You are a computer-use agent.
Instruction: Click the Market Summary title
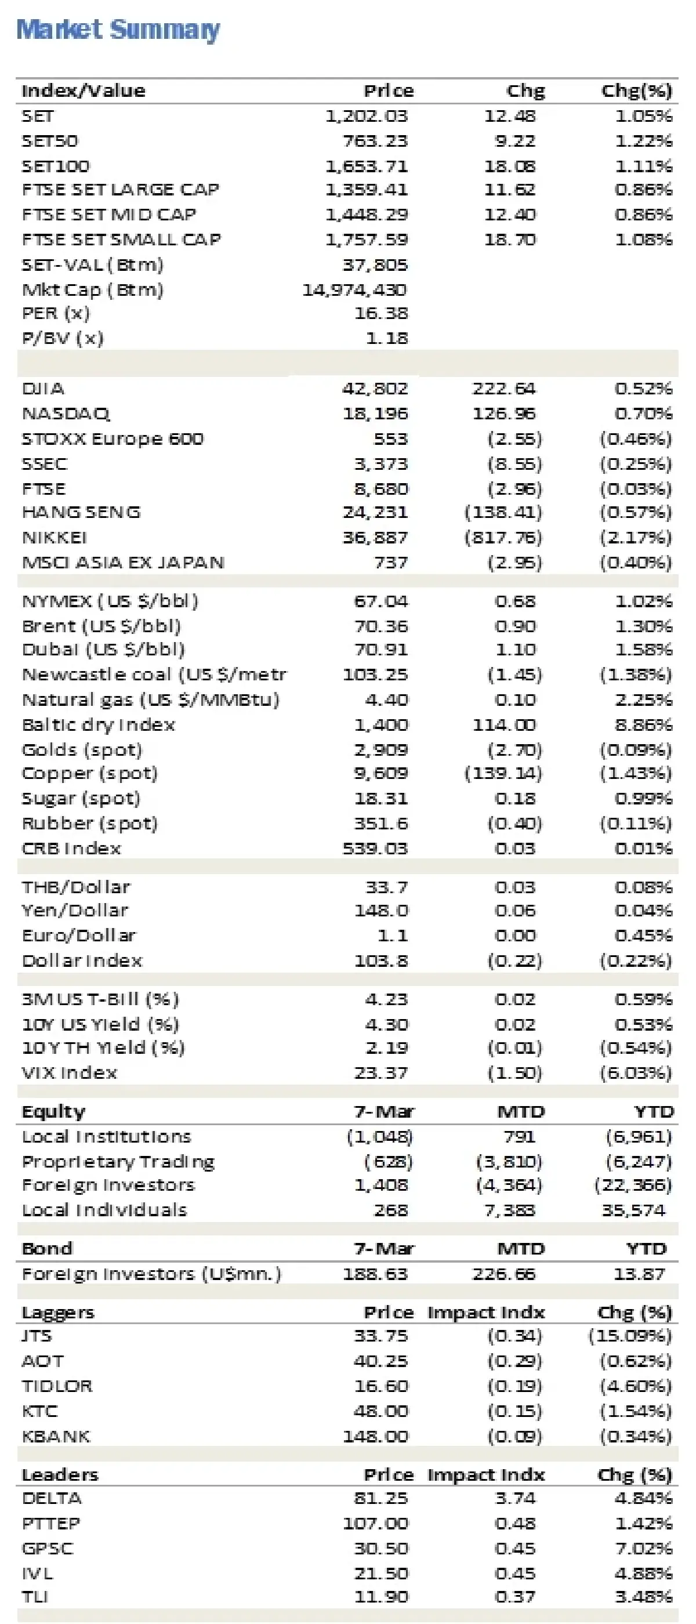point(118,30)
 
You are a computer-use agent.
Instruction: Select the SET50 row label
point(50,140)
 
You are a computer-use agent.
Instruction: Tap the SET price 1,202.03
point(367,116)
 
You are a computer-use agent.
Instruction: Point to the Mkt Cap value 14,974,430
point(354,290)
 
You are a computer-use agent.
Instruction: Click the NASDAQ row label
point(66,414)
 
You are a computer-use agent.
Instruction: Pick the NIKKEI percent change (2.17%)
point(636,537)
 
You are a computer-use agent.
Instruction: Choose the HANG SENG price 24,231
point(375,512)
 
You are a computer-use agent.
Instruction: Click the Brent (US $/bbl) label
point(101,626)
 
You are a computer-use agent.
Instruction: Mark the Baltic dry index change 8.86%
point(644,725)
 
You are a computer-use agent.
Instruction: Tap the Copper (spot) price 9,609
point(381,773)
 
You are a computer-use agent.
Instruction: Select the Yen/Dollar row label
point(75,911)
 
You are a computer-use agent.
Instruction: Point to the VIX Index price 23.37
point(381,1072)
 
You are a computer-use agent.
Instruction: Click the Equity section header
point(53,1111)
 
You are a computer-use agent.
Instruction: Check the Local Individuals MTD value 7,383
point(509,1210)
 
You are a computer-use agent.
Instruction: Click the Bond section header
point(48,1249)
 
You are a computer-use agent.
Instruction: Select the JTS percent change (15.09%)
point(630,1335)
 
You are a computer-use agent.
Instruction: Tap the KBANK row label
point(56,1436)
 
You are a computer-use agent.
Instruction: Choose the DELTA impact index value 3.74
point(515,1498)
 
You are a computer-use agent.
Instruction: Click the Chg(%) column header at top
point(636,91)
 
